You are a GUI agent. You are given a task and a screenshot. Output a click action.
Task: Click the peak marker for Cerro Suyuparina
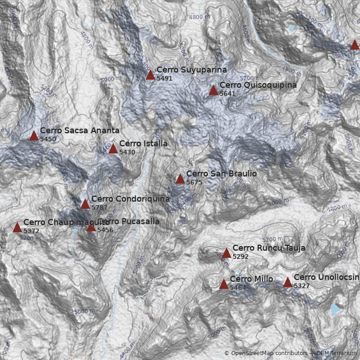(x=150, y=75)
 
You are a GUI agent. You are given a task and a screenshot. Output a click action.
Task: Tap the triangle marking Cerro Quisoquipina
(x=213, y=90)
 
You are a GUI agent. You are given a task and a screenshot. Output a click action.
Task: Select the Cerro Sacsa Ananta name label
(x=80, y=130)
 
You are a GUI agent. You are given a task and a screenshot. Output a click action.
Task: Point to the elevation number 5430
(x=127, y=152)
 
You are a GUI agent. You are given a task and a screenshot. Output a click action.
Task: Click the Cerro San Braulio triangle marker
(x=180, y=179)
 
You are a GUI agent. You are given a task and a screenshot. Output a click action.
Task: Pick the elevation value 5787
(x=99, y=207)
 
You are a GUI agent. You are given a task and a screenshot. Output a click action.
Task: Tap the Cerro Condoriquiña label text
(x=130, y=198)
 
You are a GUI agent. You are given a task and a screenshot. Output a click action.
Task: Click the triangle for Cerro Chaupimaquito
(x=17, y=227)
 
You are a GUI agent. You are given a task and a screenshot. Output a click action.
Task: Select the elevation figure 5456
(x=105, y=230)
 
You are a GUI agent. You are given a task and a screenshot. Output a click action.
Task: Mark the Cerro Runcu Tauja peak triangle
(x=226, y=253)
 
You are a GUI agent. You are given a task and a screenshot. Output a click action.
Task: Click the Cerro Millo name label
(x=251, y=279)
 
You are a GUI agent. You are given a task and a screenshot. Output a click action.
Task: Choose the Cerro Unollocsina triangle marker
(x=288, y=282)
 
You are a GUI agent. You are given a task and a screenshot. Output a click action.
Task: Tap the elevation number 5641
(x=227, y=94)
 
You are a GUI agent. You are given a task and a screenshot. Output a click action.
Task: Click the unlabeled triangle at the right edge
(x=355, y=45)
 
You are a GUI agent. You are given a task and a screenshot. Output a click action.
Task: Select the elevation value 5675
(x=194, y=182)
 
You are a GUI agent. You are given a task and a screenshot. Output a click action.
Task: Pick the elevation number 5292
(x=240, y=256)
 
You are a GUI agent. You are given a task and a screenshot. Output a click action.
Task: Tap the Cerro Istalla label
(x=143, y=144)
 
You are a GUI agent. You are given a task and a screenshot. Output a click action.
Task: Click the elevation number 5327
(x=301, y=286)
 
